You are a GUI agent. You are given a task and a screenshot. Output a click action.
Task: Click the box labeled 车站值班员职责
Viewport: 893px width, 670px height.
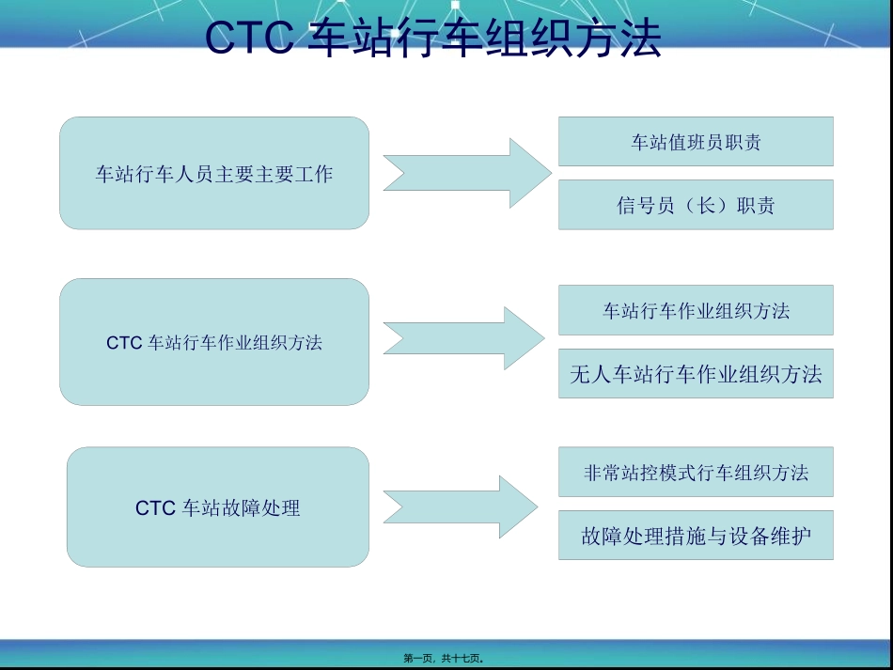696,142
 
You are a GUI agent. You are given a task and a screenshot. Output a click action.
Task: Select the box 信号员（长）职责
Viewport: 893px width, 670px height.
696,205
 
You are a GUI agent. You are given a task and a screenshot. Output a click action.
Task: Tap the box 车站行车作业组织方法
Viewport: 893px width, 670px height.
696,310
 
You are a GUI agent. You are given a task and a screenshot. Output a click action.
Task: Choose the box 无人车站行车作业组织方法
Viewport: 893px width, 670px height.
696,374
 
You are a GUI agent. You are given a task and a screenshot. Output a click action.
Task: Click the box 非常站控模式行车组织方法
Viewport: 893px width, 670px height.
696,472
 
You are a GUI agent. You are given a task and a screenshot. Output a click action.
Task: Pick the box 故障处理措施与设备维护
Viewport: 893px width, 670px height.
696,536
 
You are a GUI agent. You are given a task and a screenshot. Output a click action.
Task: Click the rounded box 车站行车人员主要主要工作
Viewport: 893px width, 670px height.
214,173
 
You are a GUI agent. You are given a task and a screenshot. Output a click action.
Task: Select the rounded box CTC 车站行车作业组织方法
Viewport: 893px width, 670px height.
214,342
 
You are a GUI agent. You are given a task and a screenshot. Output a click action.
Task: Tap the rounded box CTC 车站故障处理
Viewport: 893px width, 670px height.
217,507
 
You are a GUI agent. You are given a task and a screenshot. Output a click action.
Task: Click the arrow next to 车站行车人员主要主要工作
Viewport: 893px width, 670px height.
466,173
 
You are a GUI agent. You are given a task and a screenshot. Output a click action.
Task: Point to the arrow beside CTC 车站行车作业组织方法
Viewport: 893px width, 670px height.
463,338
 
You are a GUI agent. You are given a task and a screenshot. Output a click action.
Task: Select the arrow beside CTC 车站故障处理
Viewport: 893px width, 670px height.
461,507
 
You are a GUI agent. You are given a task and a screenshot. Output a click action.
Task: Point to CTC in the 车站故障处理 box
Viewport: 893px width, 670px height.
155,508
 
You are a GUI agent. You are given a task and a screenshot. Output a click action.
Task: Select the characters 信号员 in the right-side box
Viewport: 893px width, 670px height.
640,205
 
